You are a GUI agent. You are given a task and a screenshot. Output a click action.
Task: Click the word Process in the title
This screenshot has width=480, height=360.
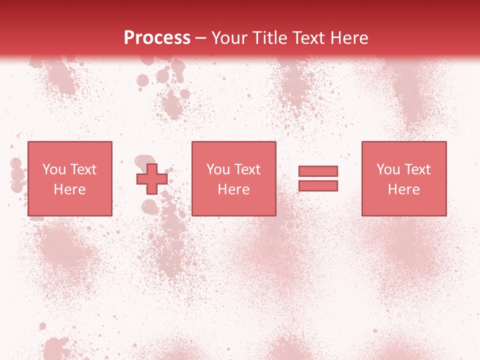157,38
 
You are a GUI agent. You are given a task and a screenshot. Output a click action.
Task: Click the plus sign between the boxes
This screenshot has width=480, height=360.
152,179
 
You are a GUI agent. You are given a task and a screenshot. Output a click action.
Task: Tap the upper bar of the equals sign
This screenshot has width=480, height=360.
318,171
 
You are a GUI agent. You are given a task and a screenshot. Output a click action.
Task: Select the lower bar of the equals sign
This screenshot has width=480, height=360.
318,186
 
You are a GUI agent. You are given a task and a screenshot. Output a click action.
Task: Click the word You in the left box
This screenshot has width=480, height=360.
54,169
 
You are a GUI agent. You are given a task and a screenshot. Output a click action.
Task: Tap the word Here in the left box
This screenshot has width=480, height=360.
69,189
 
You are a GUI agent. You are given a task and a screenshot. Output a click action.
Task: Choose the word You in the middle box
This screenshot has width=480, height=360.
218,169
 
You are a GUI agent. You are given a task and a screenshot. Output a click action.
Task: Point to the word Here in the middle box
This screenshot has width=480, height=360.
233,189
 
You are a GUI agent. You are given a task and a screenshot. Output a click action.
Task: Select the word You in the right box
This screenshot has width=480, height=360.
388,169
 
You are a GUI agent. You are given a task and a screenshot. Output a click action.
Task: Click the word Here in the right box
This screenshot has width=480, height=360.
403,189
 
